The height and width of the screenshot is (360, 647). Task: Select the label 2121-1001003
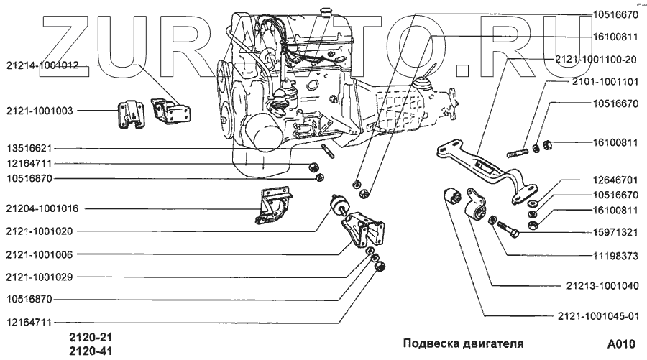[39, 111]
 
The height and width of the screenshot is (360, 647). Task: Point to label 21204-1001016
[41, 209]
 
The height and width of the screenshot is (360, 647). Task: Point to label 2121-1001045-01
[597, 315]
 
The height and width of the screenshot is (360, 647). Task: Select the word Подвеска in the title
[430, 343]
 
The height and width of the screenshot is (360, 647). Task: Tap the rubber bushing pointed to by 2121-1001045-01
[454, 196]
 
